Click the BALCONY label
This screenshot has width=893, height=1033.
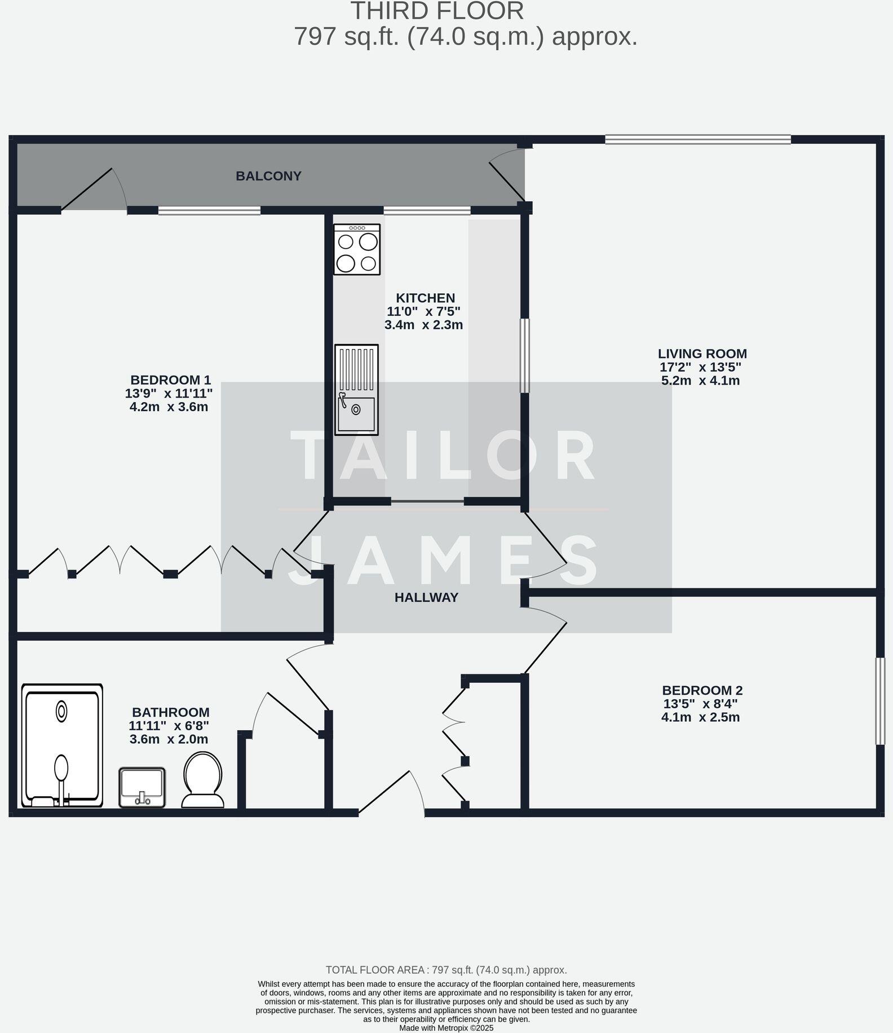[x=268, y=176]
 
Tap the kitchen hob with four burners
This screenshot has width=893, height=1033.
[x=357, y=249]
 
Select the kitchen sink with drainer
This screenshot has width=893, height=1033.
[x=356, y=390]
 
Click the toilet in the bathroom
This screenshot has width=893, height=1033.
[x=203, y=780]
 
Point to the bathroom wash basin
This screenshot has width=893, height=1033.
[x=142, y=787]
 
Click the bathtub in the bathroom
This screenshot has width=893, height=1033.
[x=62, y=745]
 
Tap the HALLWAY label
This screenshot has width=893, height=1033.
[x=426, y=598]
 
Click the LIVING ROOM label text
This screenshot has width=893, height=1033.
[x=702, y=354]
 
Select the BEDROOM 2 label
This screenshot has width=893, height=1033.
[x=702, y=690]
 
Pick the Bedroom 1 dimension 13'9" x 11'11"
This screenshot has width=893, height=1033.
[x=169, y=394]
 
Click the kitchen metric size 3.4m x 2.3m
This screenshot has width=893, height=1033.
[x=423, y=325]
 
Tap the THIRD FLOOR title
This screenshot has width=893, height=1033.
[x=437, y=11]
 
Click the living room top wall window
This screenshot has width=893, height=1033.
[x=698, y=139]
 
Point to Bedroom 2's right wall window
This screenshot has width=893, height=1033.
[x=879, y=701]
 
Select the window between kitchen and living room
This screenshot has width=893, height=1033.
[x=524, y=355]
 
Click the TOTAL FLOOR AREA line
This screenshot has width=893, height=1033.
[x=446, y=970]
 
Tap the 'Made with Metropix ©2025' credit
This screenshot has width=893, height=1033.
[x=446, y=1028]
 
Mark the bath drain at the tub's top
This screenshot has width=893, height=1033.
[x=61, y=712]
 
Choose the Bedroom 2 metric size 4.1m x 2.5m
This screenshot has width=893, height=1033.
[x=700, y=717]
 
